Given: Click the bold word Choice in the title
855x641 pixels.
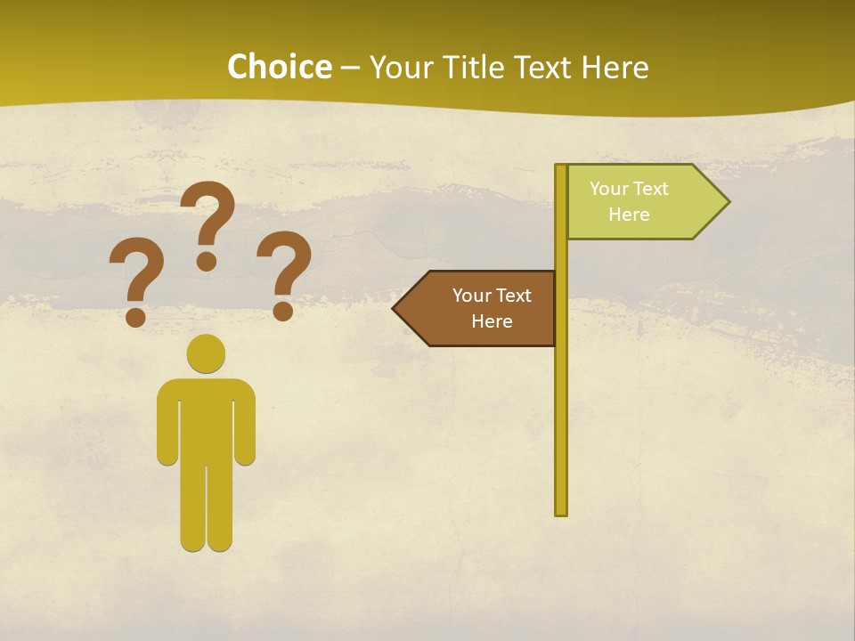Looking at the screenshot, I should [279, 67].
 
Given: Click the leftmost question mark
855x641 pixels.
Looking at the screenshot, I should [136, 272].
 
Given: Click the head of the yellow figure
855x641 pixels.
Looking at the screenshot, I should [206, 353].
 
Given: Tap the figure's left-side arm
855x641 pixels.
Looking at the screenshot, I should [167, 423].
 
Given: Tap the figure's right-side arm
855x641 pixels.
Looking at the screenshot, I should [245, 423].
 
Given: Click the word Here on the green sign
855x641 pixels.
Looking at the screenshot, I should [629, 215].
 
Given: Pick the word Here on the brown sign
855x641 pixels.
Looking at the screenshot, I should [492, 321].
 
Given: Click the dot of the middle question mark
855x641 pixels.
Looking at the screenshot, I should [207, 261].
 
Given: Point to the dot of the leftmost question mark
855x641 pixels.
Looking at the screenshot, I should [135, 316].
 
